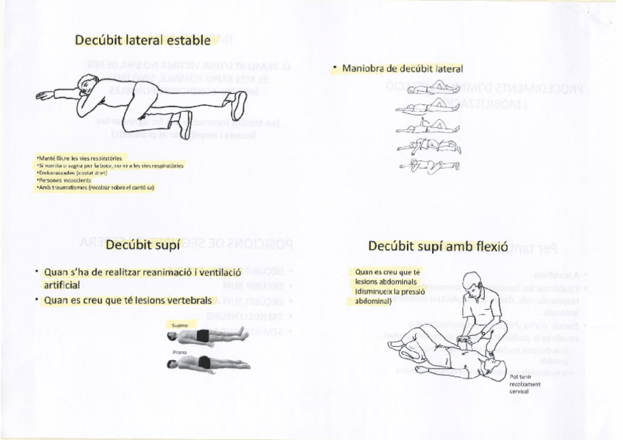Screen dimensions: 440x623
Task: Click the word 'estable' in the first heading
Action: pyautogui.click(x=187, y=40)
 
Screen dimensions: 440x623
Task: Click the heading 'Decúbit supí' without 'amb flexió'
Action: pyautogui.click(x=143, y=245)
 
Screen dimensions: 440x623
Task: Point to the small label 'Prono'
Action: pyautogui.click(x=179, y=352)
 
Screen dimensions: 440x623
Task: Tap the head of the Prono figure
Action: pyautogui.click(x=172, y=362)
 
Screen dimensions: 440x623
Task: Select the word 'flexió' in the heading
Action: pyautogui.click(x=489, y=246)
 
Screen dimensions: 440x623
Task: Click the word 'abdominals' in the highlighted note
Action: pyautogui.click(x=397, y=281)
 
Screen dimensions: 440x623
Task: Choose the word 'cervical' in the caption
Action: pyautogui.click(x=519, y=391)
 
